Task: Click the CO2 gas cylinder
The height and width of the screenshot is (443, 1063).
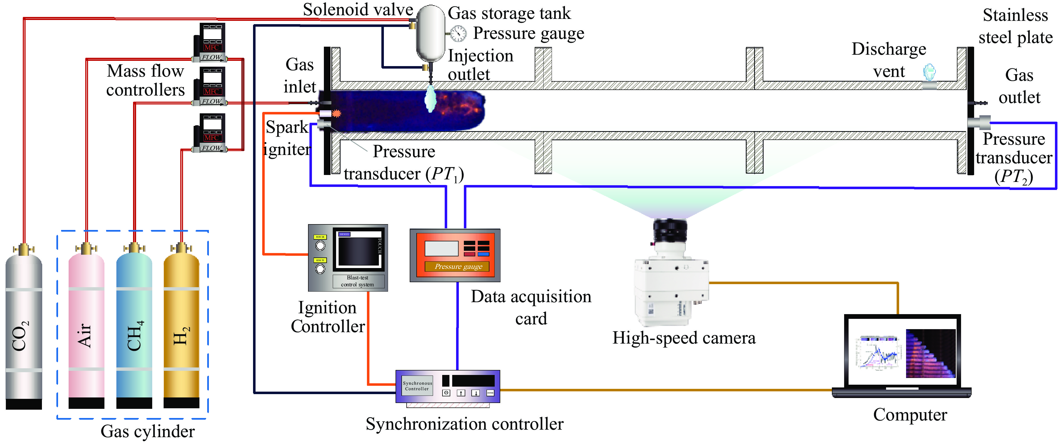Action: [x=24, y=330]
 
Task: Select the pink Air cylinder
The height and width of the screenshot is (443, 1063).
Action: [x=86, y=330]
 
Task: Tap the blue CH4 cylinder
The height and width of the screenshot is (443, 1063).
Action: [x=134, y=330]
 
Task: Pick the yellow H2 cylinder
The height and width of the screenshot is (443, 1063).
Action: [x=182, y=330]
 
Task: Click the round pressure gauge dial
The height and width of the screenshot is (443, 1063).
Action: [x=458, y=33]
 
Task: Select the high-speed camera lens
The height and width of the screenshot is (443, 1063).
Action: [x=670, y=231]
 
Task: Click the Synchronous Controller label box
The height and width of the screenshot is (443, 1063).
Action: [x=417, y=386]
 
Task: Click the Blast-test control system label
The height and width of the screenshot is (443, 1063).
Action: [x=358, y=281]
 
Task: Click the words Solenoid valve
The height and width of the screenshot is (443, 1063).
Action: [x=358, y=9]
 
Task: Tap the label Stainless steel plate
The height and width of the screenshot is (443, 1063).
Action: [x=1015, y=26]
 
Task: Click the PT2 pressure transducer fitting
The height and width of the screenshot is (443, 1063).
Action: [x=980, y=122]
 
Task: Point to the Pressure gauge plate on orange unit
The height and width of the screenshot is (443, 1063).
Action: [x=458, y=266]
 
